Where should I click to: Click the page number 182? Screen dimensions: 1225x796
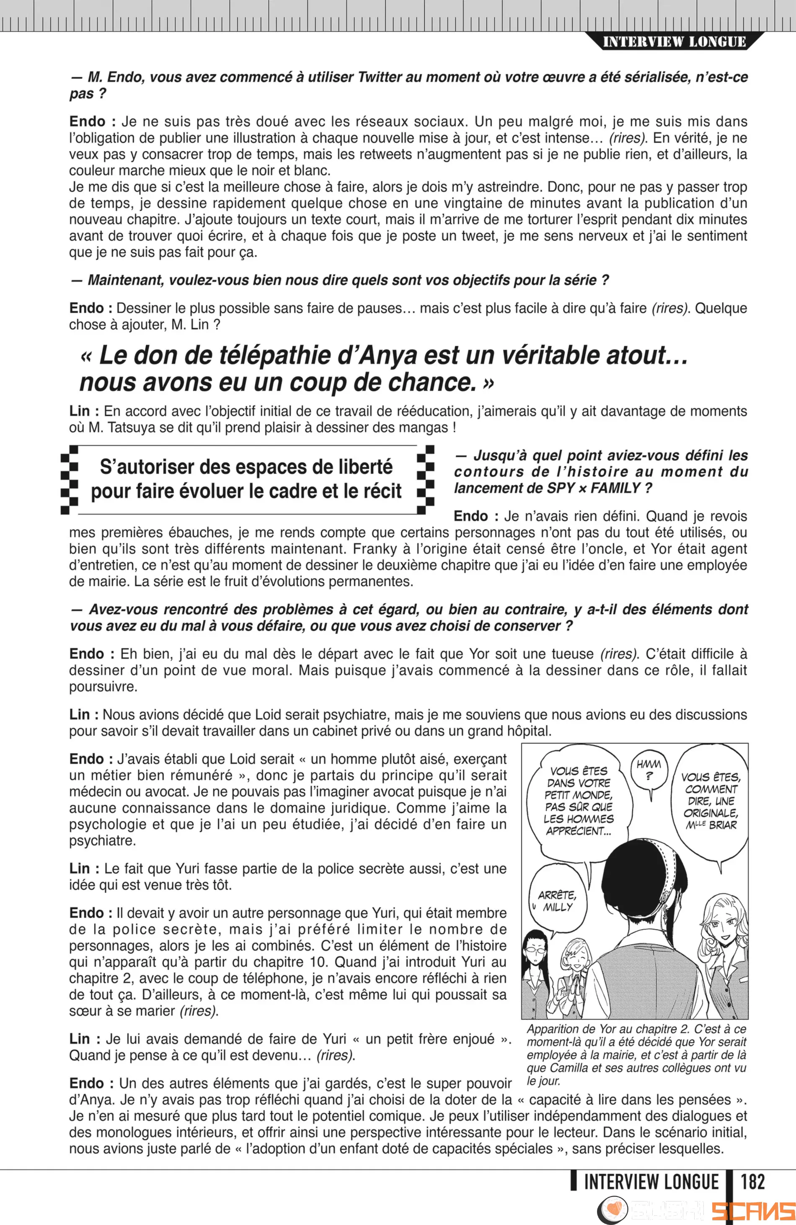pos(752,1181)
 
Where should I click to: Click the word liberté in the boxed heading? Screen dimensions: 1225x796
pos(360,467)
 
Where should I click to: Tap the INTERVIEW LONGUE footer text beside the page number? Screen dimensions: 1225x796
pos(651,1181)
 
